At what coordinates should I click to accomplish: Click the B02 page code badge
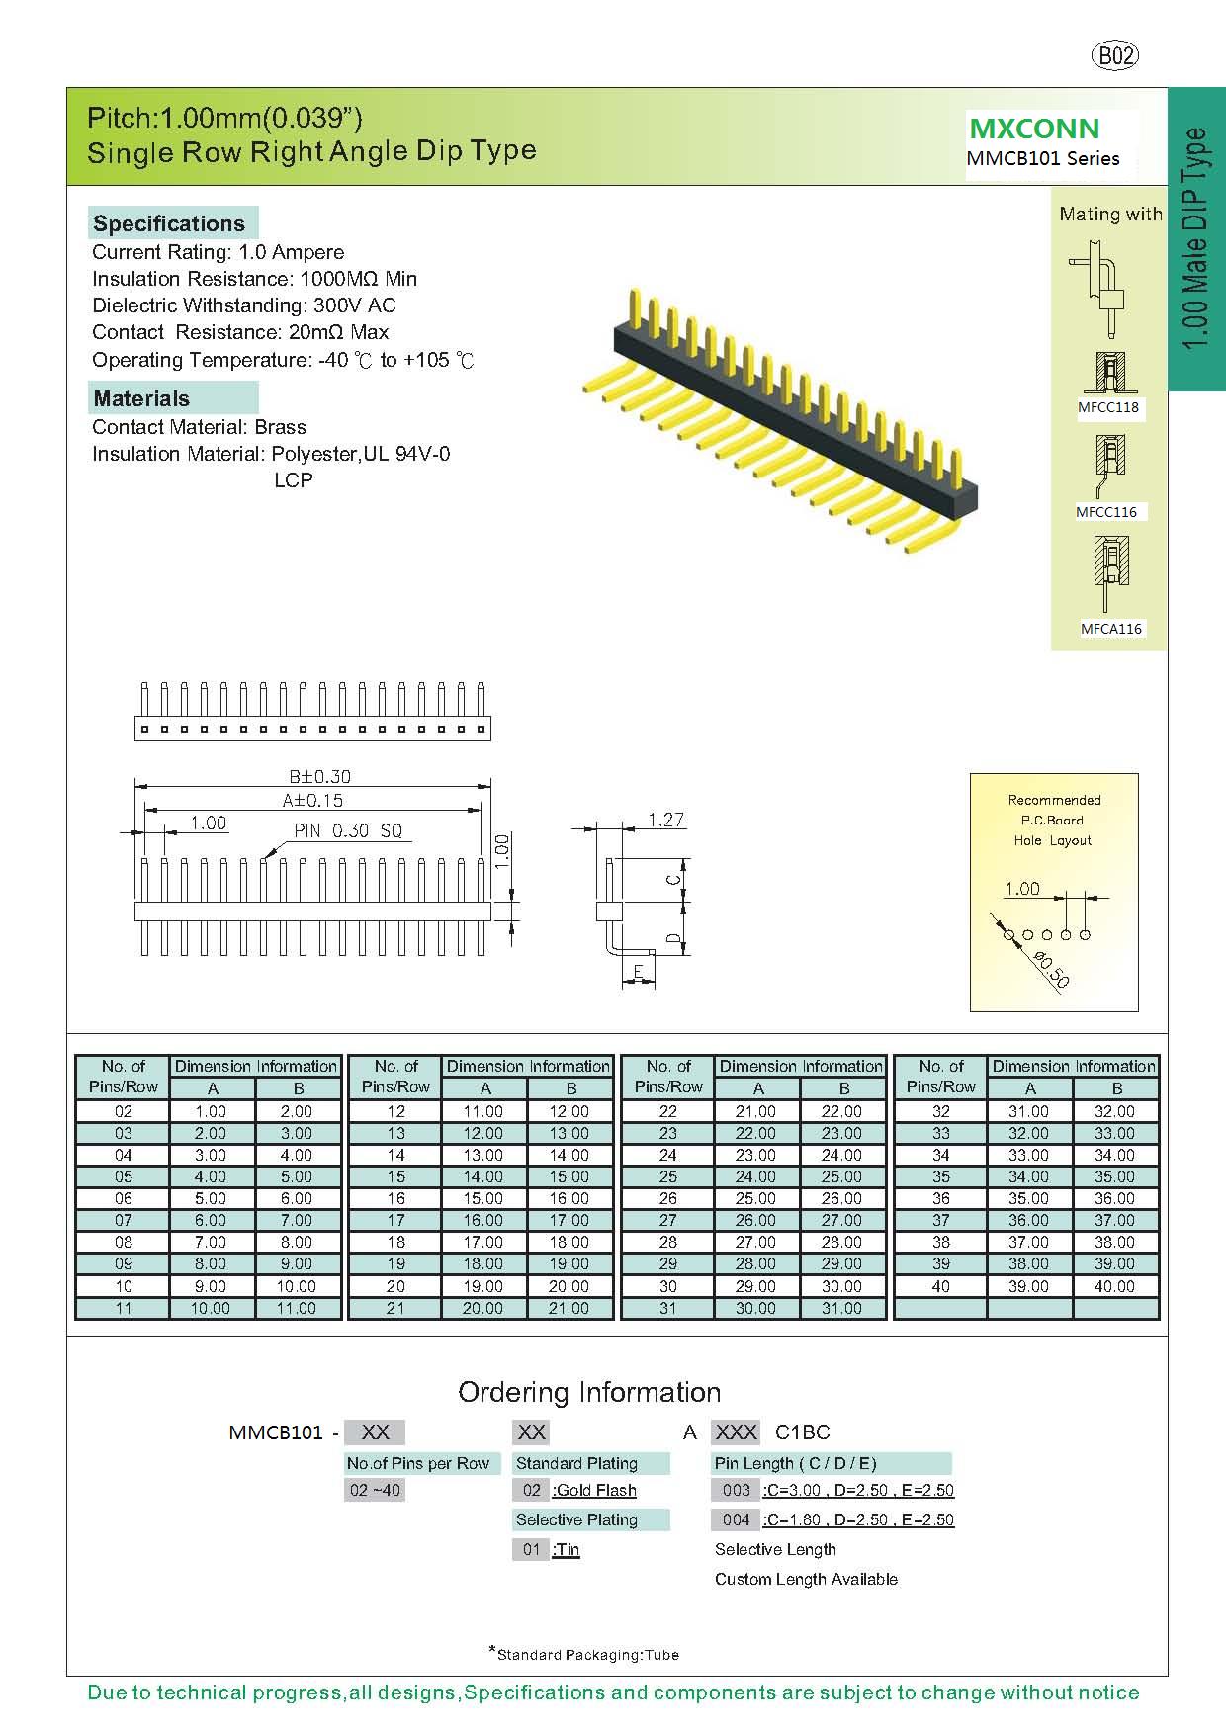coord(1115,56)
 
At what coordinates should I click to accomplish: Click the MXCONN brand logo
coord(1034,129)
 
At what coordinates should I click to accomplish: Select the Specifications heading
coord(169,223)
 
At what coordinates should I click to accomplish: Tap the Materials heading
coord(141,398)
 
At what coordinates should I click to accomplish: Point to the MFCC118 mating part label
coord(1108,407)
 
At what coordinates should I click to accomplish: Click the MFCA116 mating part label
coord(1111,629)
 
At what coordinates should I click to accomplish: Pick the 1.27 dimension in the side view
coord(665,820)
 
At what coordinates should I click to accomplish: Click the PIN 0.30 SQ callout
coord(348,830)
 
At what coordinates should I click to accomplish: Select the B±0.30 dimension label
coord(319,777)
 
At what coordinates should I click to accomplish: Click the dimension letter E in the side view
coord(639,973)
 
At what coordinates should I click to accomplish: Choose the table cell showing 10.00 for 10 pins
coord(296,1286)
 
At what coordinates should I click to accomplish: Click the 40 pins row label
coord(940,1286)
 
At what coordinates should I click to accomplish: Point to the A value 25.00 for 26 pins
coord(755,1198)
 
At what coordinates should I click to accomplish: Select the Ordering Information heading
coord(589,1392)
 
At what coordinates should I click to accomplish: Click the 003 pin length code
coord(736,1490)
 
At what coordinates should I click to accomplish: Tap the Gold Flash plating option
coord(595,1490)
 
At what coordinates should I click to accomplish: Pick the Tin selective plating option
coord(567,1549)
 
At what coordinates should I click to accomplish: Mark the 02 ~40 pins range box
coord(375,1490)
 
